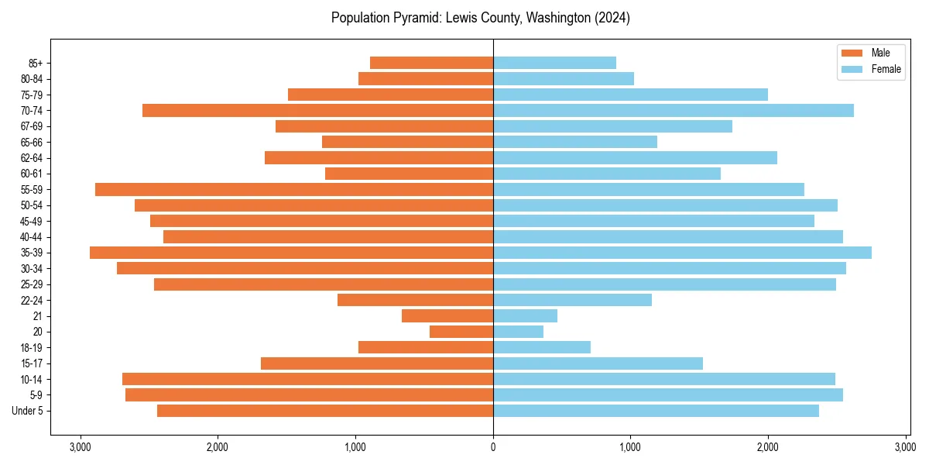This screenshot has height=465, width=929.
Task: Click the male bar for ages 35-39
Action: pos(291,253)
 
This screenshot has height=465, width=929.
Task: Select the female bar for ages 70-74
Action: pos(674,111)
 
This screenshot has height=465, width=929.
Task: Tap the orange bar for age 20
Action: pos(461,332)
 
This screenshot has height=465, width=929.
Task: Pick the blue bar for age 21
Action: pos(525,316)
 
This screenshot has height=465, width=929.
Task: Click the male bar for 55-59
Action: pos(294,190)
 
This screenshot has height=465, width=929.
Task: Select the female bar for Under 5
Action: pos(656,411)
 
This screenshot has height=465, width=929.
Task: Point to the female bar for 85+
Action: pos(554,63)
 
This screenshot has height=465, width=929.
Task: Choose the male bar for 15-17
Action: pos(377,363)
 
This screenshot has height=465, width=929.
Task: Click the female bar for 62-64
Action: pos(635,158)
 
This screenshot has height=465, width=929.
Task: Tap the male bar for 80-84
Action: pos(426,79)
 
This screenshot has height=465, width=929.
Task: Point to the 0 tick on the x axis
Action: pos(493,447)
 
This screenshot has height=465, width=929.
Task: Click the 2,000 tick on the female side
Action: pos(768,447)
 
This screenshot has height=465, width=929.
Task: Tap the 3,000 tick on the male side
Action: pos(80,447)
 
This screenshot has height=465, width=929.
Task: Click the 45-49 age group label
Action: pos(31,221)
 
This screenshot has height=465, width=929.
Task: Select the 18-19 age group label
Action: pos(31,348)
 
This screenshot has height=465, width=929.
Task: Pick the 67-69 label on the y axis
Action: pos(31,126)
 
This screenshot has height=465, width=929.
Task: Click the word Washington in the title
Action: pos(557,18)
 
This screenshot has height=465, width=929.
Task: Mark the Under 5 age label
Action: pos(28,411)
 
